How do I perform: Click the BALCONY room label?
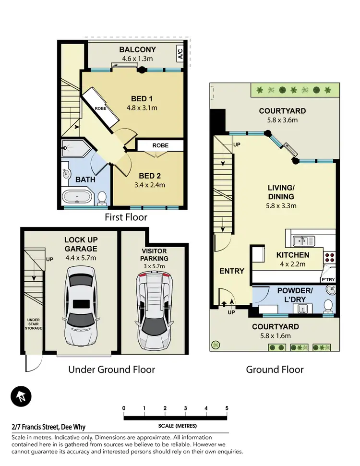click(x=137, y=49)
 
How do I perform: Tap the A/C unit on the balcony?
click(x=180, y=54)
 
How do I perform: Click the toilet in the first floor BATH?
click(x=102, y=197)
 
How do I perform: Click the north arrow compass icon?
click(x=21, y=396)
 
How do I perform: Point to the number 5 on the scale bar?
click(x=227, y=408)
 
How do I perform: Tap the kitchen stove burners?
click(x=330, y=259)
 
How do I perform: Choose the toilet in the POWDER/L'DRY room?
click(x=328, y=305)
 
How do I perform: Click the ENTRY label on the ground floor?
click(x=232, y=271)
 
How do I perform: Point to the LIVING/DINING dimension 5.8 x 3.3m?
click(x=281, y=206)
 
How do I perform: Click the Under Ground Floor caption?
click(x=111, y=370)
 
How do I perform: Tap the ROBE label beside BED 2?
click(x=160, y=145)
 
